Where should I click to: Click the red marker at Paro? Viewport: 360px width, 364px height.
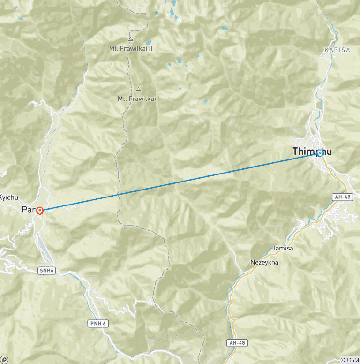pos(40,211)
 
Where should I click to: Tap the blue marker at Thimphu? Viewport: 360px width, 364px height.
pos(320,153)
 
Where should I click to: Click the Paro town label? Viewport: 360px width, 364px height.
pos(28,210)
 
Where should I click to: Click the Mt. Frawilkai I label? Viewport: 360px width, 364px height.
pos(138,99)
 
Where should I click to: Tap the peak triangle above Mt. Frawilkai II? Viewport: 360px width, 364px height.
pos(130,39)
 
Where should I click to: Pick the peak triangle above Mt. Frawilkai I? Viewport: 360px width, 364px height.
pos(138,90)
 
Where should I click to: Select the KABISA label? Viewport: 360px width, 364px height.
pos(337,50)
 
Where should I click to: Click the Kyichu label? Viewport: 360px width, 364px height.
pos(8,197)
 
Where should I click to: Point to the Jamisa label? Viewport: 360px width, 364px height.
pos(283,248)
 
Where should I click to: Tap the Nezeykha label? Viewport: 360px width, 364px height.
pos(264,262)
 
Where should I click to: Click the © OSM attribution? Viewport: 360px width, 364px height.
pos(349,360)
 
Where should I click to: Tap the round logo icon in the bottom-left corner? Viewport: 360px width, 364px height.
pos(5,359)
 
